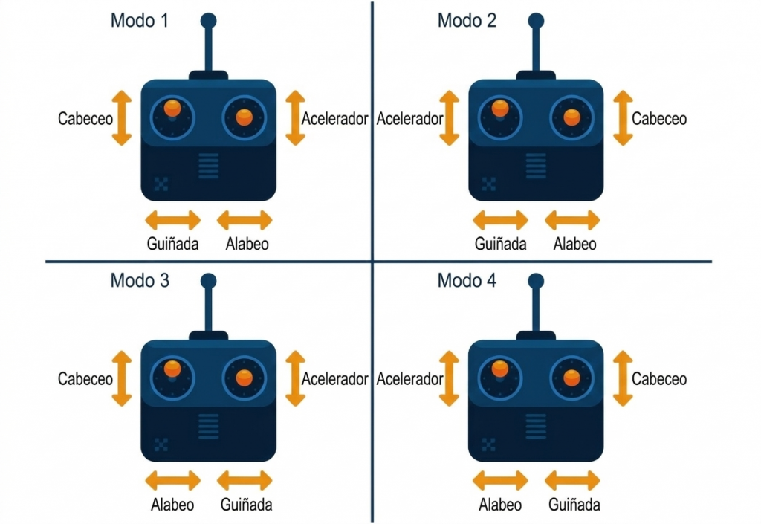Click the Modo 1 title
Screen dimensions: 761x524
tap(139, 20)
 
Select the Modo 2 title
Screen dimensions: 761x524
tap(467, 20)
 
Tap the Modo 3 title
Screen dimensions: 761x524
tap(140, 280)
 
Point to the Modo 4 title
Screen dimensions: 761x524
tap(467, 280)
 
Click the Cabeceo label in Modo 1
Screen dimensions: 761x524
tap(85, 118)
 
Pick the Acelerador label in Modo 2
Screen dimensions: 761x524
tap(410, 118)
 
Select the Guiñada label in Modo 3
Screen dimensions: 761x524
tap(246, 505)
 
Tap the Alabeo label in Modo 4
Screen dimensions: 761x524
tap(500, 505)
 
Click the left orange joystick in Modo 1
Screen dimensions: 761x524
tap(172, 108)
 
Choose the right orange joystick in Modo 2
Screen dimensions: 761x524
tap(571, 117)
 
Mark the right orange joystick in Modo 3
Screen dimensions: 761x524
tap(244, 378)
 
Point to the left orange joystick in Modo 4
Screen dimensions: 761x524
tap(500, 369)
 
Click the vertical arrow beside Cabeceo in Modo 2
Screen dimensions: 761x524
tap(623, 118)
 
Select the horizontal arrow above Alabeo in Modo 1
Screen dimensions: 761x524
tap(245, 220)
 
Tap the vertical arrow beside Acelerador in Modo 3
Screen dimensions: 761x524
tap(295, 378)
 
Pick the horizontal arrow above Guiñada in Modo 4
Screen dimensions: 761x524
tap(572, 481)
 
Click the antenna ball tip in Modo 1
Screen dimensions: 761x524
tap(209, 21)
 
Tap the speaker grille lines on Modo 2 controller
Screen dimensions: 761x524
tap(536, 166)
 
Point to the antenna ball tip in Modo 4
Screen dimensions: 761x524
tap(536, 281)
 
